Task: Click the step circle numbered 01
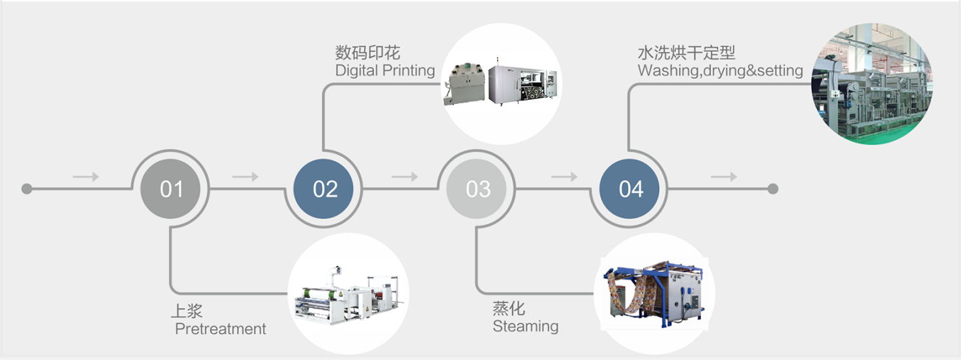[171, 189]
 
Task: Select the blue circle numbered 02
[324, 189]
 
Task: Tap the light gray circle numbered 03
[477, 189]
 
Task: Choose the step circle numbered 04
[631, 189]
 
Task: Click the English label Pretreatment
[220, 329]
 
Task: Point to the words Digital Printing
[385, 70]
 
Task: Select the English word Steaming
[525, 326]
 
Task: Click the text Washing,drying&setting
[720, 70]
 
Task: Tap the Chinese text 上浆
[186, 311]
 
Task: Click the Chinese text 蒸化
[509, 309]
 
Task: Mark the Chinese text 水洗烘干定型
[686, 53]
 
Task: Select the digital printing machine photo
[501, 84]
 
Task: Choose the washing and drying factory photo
[871, 84]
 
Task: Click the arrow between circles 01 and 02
[245, 177]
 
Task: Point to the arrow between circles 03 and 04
[565, 177]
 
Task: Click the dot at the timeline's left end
[26, 189]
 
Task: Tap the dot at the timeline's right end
[773, 189]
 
